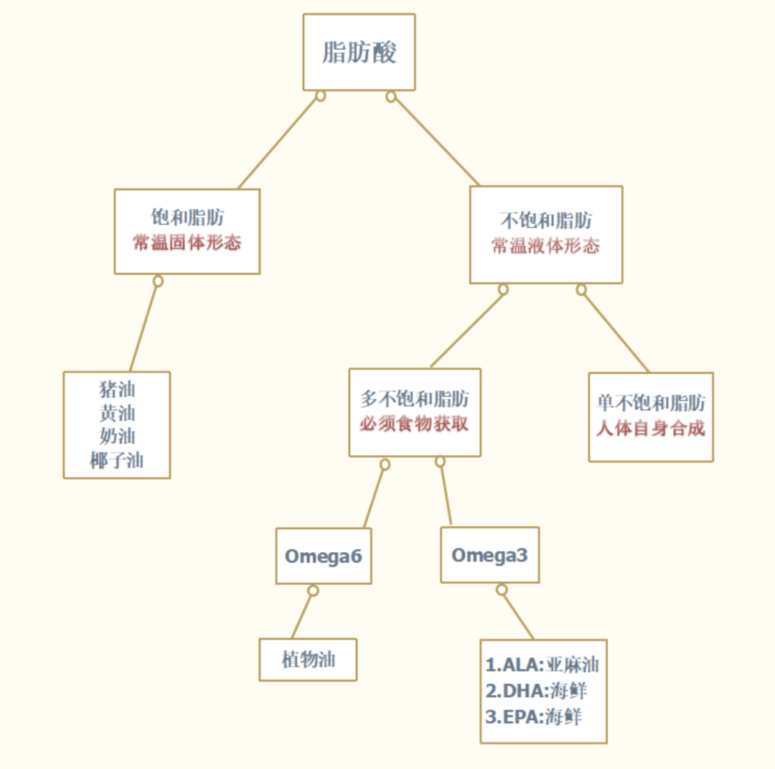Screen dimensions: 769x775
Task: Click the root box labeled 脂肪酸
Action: tap(359, 52)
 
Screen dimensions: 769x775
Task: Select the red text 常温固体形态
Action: tap(187, 243)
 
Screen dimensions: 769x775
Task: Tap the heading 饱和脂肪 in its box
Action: tap(187, 218)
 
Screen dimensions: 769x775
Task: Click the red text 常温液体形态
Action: tap(545, 246)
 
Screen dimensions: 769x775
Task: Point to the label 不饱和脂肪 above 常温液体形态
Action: tap(545, 220)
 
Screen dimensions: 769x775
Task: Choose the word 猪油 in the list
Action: tap(117, 390)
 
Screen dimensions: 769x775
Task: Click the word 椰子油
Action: tap(117, 460)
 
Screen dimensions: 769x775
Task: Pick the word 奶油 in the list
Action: tap(117, 437)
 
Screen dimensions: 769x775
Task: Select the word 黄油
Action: tap(117, 414)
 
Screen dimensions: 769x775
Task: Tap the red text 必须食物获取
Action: tap(414, 424)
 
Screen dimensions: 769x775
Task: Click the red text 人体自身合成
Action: tap(650, 429)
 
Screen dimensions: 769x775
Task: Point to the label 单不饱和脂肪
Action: tap(650, 403)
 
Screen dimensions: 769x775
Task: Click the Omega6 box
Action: tap(323, 556)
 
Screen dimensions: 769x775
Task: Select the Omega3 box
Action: tap(489, 555)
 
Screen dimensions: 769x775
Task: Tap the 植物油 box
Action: tap(308, 660)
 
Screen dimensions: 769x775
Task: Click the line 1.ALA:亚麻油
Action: tap(542, 664)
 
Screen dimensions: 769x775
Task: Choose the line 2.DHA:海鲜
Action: tap(536, 691)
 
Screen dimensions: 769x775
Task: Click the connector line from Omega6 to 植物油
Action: tap(303, 615)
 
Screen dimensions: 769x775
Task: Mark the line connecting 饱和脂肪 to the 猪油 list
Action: tap(144, 326)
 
